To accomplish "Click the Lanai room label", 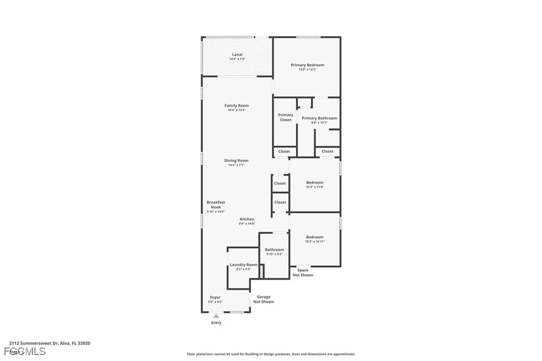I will pos(237,55).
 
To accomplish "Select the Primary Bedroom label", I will pos(307,65).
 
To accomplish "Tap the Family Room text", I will pos(236,105).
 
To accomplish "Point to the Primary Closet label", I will pos(285,118).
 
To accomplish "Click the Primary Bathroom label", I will pos(319,118).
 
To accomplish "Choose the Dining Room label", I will pos(236,160).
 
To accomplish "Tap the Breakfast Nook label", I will pos(215,204).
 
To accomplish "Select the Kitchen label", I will pos(247,219).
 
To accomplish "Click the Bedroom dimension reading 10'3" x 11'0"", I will pos(314,187).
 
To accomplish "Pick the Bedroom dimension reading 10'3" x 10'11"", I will pos(314,241).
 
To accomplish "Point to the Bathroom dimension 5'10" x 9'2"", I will pos(274,254).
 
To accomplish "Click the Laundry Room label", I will pos(243,265).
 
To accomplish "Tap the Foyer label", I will pos(215,297).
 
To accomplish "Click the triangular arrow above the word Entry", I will pos(216,316).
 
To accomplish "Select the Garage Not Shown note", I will pos(264,300).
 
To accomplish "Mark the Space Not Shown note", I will pos(303,273).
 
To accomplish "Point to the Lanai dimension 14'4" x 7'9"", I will pos(237,59).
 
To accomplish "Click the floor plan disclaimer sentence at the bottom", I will pos(270,354).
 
